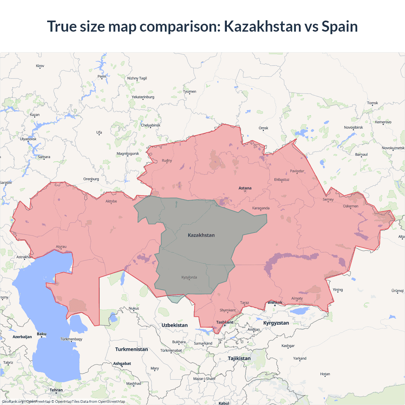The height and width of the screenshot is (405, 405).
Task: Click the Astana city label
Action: [x=245, y=188]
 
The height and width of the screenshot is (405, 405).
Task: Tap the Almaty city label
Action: [x=297, y=298]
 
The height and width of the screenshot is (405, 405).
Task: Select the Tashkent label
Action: [x=225, y=322]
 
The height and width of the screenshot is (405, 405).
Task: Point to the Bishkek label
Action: [x=275, y=302]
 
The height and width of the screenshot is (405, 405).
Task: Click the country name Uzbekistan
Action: [x=174, y=325]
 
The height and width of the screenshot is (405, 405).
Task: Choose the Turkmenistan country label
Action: [x=131, y=349]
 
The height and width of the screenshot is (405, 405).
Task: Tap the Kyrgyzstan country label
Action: [x=276, y=323]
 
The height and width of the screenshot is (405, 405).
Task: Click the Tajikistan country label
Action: [x=239, y=358]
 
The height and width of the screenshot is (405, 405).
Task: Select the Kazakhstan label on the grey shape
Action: [x=201, y=235]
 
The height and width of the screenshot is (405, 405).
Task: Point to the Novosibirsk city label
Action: [x=353, y=128]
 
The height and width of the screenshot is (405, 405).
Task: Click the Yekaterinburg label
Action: [x=143, y=97]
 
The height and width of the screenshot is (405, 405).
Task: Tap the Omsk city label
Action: [x=263, y=128]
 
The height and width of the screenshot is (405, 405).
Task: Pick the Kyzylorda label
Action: [x=189, y=277]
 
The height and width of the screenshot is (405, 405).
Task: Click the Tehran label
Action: [x=56, y=390]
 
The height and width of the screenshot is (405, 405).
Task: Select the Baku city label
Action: [x=41, y=334]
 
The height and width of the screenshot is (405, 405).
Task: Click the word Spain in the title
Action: [x=340, y=26]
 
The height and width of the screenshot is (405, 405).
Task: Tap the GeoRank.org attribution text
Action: [x=13, y=402]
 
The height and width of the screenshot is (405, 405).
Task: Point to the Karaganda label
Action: [x=261, y=208]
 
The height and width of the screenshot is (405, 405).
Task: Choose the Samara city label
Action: [x=44, y=157]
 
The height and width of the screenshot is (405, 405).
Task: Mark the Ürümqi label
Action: [x=397, y=291]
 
